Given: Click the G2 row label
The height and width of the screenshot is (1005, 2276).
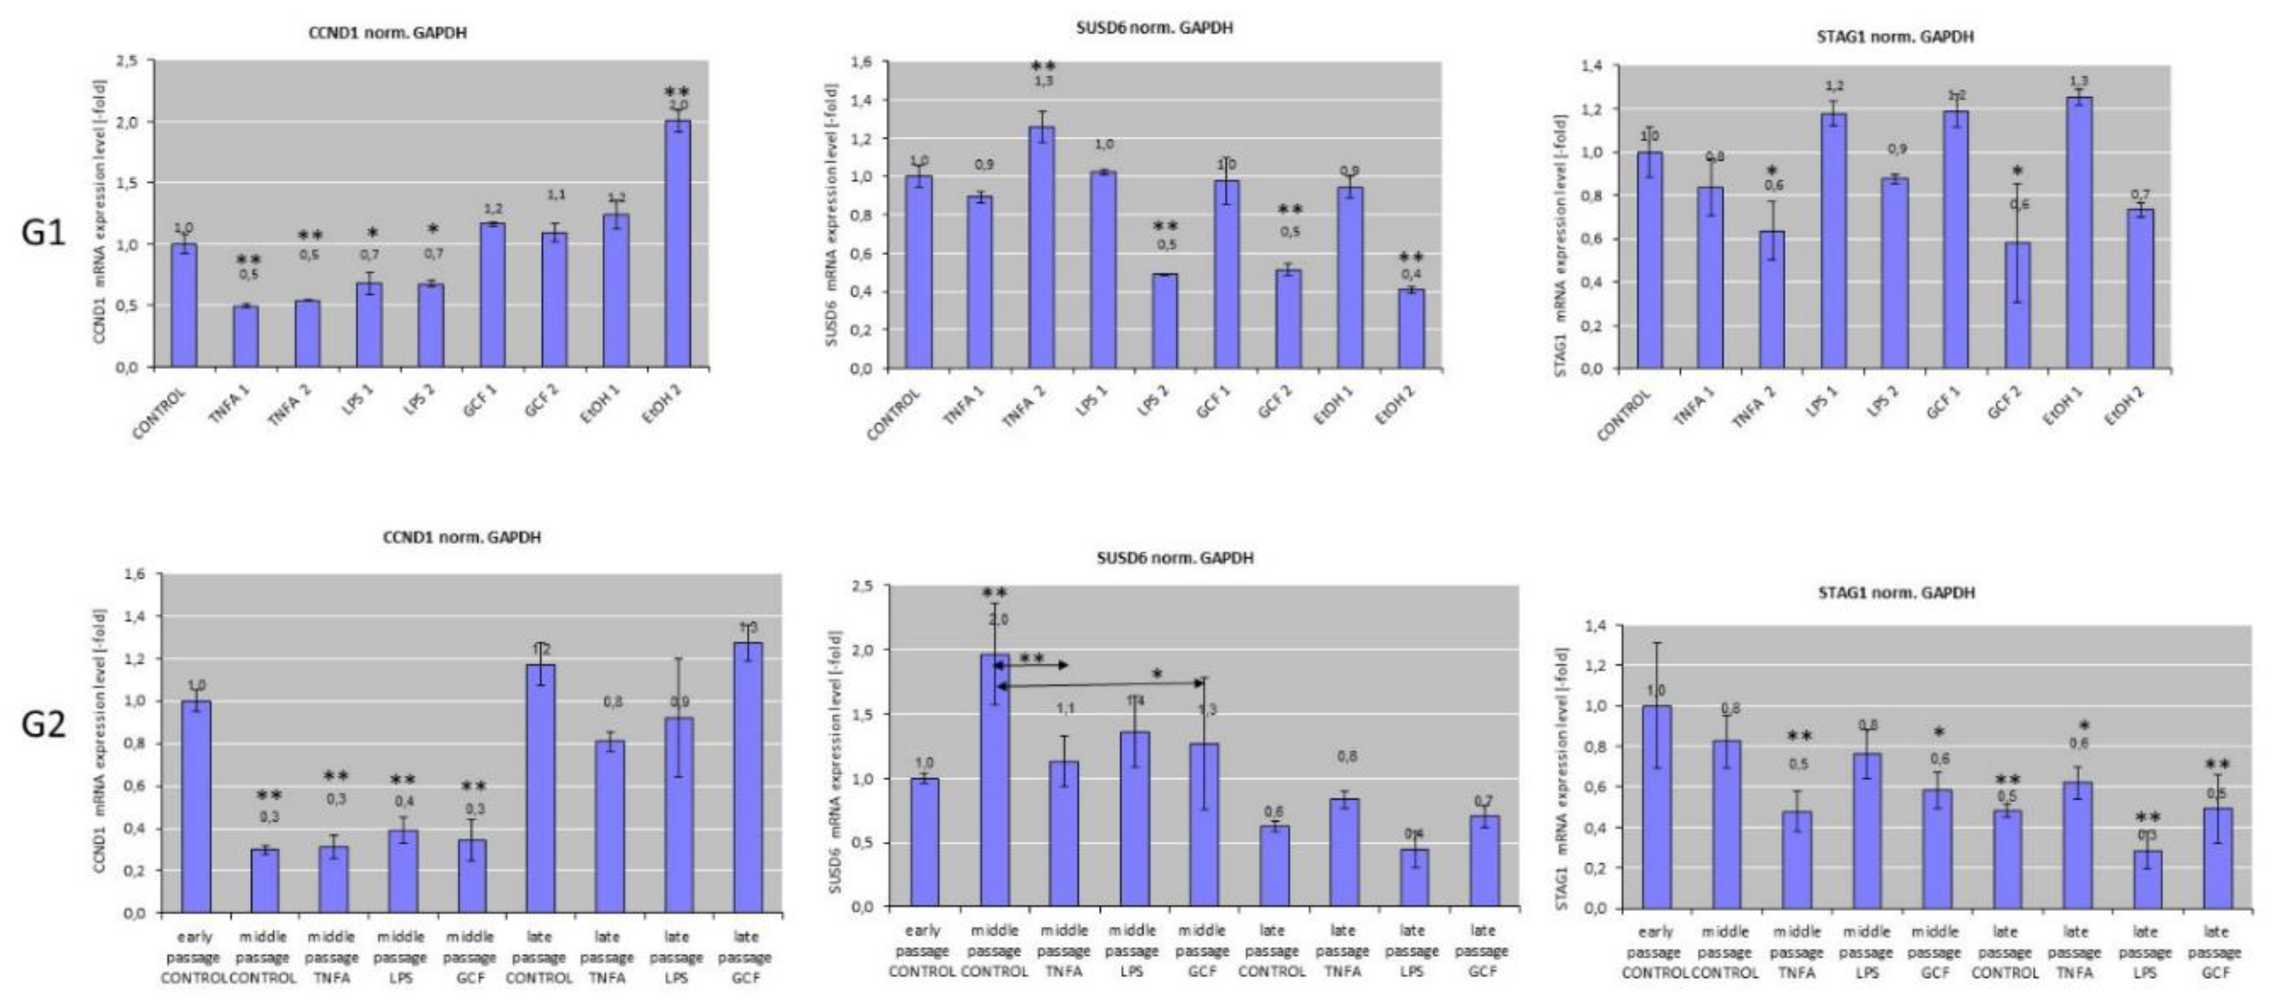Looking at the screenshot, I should [x=43, y=725].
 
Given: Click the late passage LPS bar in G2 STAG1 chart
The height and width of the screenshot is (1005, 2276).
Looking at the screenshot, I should [x=2147, y=880].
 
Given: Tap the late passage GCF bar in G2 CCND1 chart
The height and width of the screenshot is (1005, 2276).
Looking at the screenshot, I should [x=747, y=778].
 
